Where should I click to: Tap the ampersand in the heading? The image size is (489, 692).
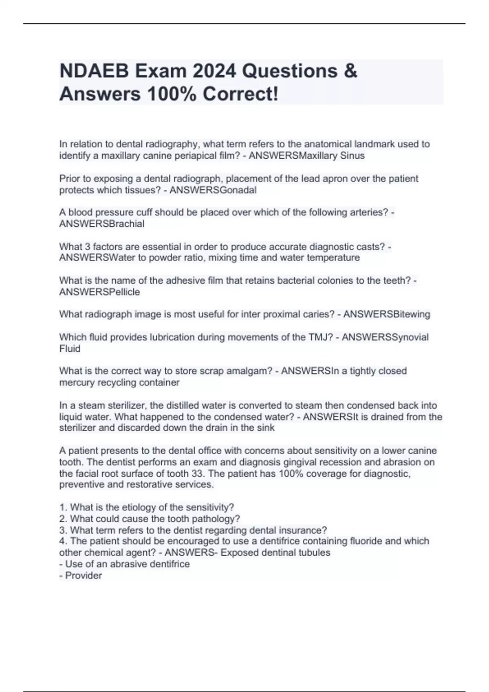pos(350,71)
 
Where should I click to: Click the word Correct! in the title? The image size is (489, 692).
pos(240,94)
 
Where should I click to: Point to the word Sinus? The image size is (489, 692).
pos(353,155)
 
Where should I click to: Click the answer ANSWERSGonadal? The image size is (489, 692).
pos(213,190)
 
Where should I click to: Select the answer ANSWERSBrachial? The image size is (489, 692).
pos(102,224)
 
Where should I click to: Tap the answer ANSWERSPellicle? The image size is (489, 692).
pos(99,292)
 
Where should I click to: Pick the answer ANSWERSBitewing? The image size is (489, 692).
pos(387,314)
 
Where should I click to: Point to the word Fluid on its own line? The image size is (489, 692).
pos(70,348)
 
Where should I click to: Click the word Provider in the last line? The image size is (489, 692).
pos(84,575)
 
